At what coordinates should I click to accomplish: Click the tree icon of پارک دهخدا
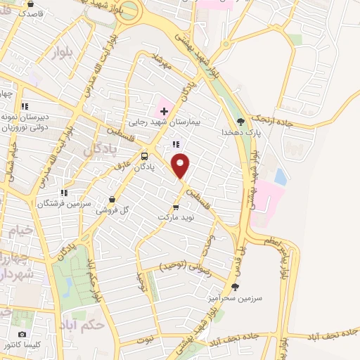241,120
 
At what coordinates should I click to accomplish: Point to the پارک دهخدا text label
237,132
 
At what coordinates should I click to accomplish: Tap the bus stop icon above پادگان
145,156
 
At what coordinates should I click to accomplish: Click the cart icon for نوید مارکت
176,207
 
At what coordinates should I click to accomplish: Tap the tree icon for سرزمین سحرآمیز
235,286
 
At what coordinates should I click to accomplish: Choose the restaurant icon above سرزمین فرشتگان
64,191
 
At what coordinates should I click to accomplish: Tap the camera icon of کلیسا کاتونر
22,334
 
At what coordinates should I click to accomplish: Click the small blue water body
280,176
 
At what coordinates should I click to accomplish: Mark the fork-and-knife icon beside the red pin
176,145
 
